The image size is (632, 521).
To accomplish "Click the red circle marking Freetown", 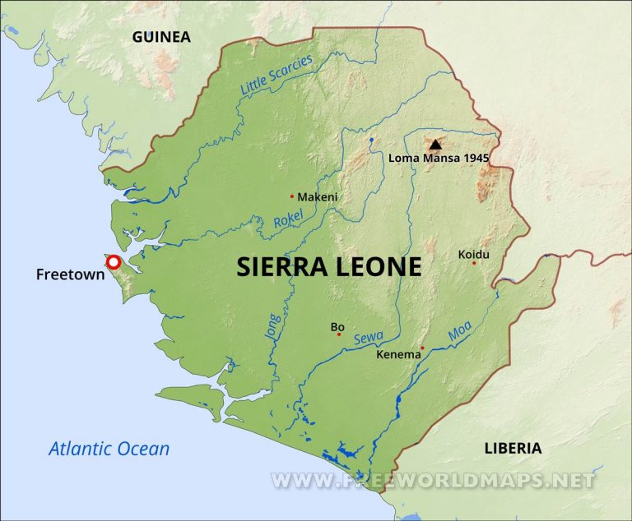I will point(114,263).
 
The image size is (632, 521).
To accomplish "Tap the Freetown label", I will point(70,274).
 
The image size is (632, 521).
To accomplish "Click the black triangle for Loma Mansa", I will point(435,144).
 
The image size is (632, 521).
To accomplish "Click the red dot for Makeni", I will point(292,196).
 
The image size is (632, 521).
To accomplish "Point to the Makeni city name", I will point(318,197).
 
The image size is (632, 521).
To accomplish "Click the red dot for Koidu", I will point(474,263).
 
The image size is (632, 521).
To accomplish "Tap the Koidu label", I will point(474,254).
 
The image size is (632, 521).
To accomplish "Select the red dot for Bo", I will point(338,334).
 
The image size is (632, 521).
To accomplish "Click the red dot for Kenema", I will point(422,348).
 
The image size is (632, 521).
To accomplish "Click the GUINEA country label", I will point(160,37).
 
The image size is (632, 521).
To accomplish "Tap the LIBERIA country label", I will point(512,448).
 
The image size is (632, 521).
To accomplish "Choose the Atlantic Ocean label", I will point(109,449).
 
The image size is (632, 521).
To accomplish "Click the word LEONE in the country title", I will point(379,266).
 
